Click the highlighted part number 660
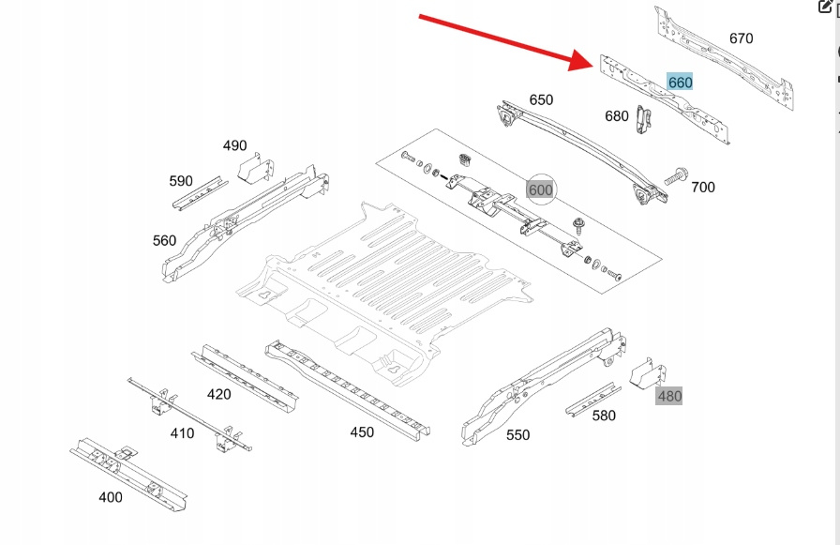(x=680, y=83)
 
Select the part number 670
(x=741, y=38)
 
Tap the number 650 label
(x=541, y=99)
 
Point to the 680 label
(x=617, y=116)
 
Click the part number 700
(x=702, y=187)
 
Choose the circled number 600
(x=541, y=189)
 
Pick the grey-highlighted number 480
(x=669, y=396)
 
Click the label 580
(x=604, y=416)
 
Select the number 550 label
(x=517, y=434)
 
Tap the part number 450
(x=362, y=432)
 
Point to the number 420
(x=218, y=394)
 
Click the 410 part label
(x=182, y=432)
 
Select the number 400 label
(x=110, y=497)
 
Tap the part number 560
(x=164, y=240)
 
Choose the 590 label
(x=180, y=181)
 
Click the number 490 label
(x=234, y=145)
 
